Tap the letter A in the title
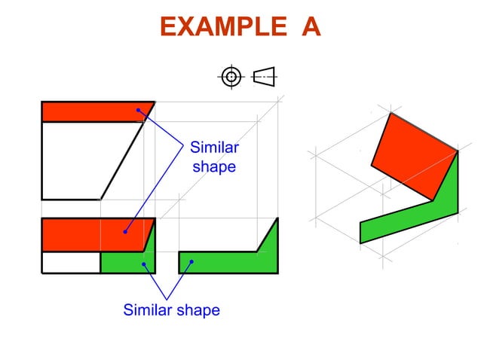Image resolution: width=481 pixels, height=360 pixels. [311, 28]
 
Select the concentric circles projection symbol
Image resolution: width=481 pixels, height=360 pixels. [231, 76]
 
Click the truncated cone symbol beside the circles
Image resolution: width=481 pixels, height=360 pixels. [264, 76]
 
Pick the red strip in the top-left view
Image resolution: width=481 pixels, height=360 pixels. [90, 111]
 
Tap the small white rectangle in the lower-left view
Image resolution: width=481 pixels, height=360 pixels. [71, 262]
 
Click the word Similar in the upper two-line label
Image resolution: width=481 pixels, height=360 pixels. [214, 147]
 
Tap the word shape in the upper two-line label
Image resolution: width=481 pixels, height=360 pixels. [214, 166]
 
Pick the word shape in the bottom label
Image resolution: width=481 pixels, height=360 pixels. [198, 310]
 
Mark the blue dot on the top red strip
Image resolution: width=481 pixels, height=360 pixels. [138, 111]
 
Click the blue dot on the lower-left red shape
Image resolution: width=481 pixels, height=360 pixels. [125, 230]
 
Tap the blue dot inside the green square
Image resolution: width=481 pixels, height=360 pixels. [143, 264]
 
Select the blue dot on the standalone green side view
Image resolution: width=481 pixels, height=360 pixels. [192, 262]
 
